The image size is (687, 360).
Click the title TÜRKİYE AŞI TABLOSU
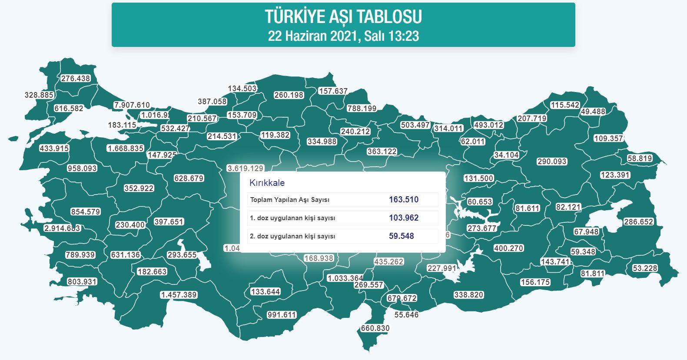[343, 17]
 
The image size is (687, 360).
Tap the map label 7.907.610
[132, 105]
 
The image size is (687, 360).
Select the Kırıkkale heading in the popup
[267, 183]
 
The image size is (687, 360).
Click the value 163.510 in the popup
[404, 200]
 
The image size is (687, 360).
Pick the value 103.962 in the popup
[404, 218]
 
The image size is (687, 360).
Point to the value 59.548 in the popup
[402, 236]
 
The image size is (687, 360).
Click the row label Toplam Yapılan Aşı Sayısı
[290, 200]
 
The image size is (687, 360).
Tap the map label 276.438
[76, 79]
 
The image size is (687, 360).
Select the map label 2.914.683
[62, 228]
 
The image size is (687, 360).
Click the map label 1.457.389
[179, 295]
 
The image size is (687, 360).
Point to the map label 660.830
[375, 328]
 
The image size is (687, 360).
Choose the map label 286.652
[638, 222]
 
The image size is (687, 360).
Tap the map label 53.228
[645, 268]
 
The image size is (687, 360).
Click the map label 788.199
[362, 109]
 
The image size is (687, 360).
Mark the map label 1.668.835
[126, 149]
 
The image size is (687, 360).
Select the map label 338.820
[468, 295]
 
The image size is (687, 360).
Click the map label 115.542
[565, 105]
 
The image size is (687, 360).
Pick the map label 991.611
[282, 315]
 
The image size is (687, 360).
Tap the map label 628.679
[189, 178]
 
